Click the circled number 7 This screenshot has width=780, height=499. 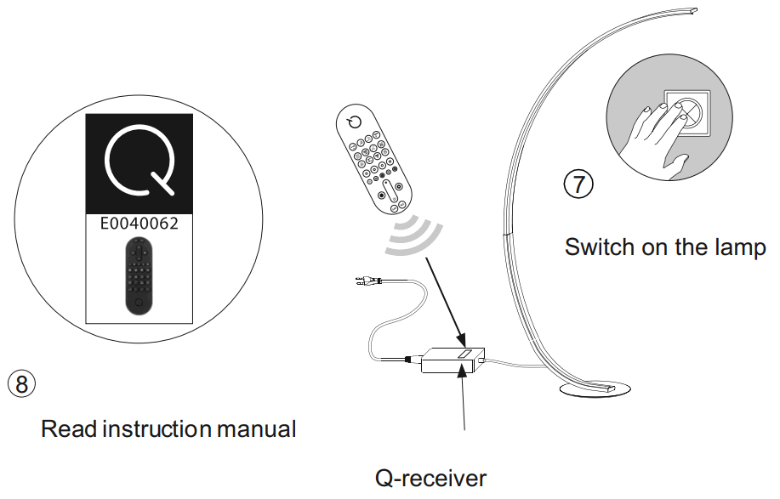pos(579,184)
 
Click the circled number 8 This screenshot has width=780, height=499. pos(22,383)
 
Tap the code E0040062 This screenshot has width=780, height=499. pos(139,224)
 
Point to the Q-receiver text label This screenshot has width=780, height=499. pos(431,478)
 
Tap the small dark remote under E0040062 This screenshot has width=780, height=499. pos(138,275)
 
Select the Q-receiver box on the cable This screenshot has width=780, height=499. pos(454,360)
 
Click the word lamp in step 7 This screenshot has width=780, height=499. pos(739,248)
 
